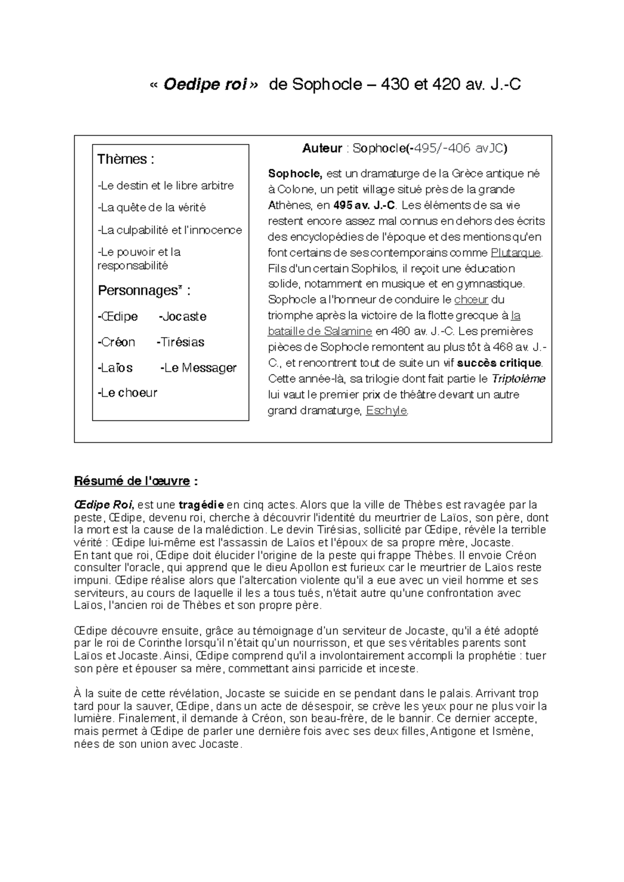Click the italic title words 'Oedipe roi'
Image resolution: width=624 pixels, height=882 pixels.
pos(204,85)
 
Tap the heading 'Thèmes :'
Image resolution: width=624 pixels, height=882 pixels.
pos(125,159)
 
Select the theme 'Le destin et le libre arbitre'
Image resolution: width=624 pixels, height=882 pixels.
pos(166,185)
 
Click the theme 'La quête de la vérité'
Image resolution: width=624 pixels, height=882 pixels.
pos(152,208)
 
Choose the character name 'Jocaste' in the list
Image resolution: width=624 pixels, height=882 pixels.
pos(183,316)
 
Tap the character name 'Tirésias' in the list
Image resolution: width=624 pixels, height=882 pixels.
pos(180,342)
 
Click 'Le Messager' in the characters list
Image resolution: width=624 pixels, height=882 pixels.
pos(199,368)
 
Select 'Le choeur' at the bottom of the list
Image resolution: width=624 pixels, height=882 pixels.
pos(127,393)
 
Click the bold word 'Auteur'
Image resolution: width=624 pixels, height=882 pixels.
pos(322,149)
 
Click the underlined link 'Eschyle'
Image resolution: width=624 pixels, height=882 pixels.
pos(386,411)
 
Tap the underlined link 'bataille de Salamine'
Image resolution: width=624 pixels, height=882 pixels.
pos(320,331)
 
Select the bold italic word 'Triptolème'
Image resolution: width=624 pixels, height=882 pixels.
pos(518,379)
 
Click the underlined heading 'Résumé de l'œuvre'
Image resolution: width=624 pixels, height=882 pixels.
pos(132,481)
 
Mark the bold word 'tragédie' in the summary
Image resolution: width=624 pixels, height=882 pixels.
pos(201,505)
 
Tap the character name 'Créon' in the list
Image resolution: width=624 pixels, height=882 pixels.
pos(116,342)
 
